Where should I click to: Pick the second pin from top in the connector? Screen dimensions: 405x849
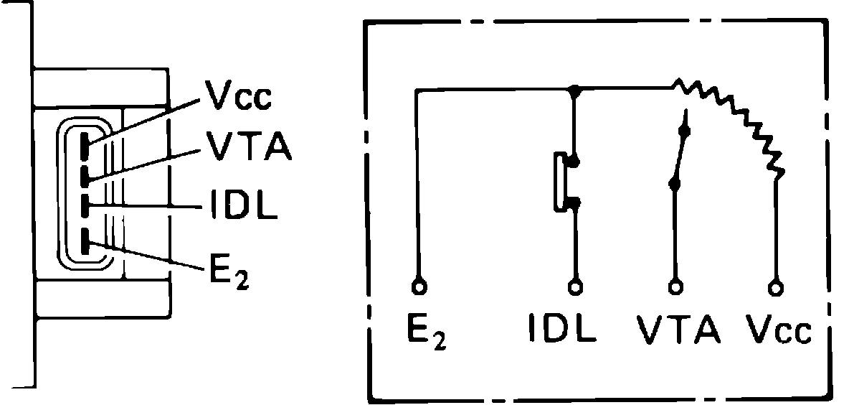tap(85, 174)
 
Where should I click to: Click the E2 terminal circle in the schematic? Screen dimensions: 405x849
tap(418, 287)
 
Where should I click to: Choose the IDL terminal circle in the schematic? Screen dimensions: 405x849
tap(574, 287)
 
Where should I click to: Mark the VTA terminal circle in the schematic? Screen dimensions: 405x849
tap(674, 287)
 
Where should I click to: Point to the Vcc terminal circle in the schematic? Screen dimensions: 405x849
tap(775, 287)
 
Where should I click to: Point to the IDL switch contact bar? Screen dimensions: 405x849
tap(558, 182)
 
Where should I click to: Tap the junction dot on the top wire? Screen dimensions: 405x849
tap(574, 90)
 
